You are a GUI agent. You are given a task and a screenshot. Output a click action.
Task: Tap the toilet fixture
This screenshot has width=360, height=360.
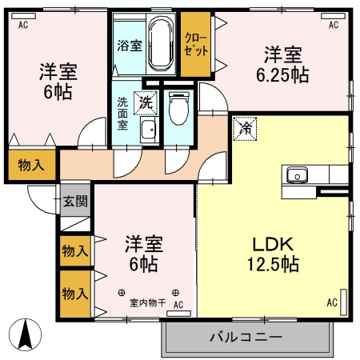pos(178,108)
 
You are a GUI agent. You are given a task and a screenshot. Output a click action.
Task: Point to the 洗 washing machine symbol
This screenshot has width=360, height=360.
pos(146,102)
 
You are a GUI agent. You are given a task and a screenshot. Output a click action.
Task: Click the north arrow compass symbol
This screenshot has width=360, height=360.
pos(26,334)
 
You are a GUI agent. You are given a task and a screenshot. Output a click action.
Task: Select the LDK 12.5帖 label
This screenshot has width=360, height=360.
pos(276,253)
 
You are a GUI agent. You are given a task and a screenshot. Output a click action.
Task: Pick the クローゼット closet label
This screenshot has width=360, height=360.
pos(195,43)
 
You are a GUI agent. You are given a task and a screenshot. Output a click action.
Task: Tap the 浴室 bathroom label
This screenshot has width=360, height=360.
pos(130,46)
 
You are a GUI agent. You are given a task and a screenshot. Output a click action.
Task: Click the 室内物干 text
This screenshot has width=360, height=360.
pos(147,302)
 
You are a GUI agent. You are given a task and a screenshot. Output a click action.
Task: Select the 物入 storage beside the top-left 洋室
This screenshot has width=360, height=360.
pos(31,166)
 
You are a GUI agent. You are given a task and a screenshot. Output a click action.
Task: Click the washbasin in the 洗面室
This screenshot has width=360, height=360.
pos(148,131)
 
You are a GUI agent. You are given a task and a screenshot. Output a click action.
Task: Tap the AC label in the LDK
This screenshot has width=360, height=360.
pos(331,302)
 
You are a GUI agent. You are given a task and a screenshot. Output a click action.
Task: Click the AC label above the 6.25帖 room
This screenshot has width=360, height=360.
pos(333,26)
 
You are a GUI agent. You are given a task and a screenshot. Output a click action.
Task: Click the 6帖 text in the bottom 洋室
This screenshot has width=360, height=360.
pos(144,263)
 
